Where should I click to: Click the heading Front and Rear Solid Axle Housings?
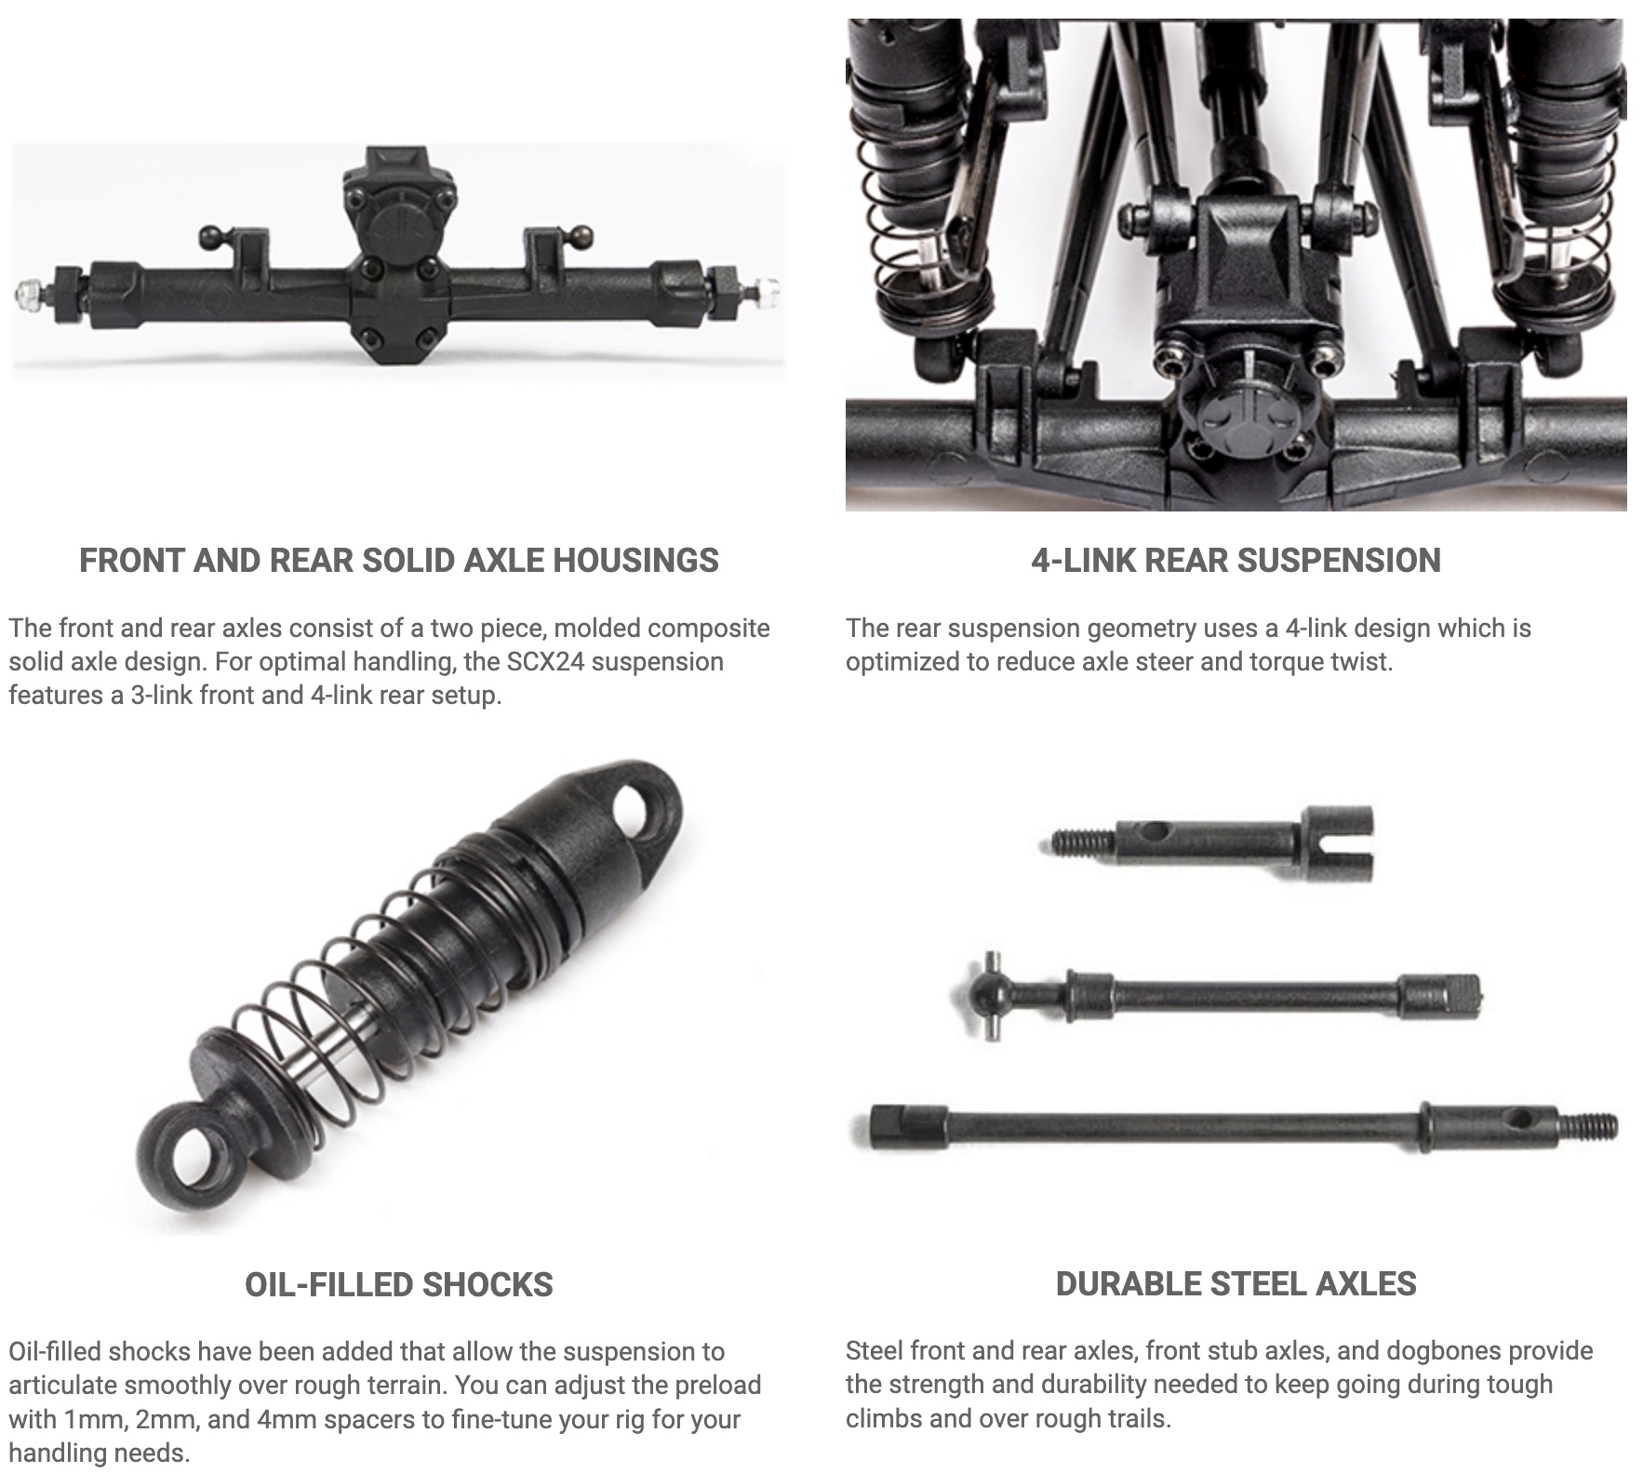[x=399, y=561]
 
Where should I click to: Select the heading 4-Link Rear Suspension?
[x=1236, y=561]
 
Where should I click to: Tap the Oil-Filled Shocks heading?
[x=399, y=1284]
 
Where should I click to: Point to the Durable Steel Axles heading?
[x=1236, y=1284]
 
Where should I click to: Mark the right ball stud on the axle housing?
[x=581, y=236]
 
